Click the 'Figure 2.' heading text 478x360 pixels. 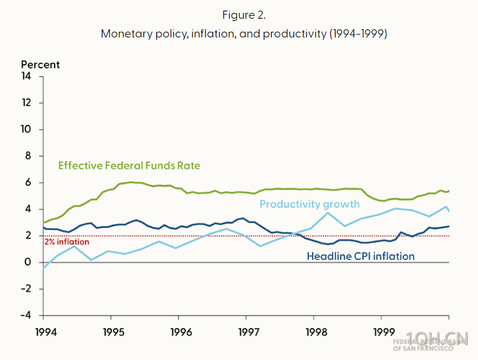(x=244, y=15)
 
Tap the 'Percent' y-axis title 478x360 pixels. (x=40, y=64)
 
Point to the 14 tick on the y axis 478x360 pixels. (x=26, y=76)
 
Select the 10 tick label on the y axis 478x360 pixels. (x=26, y=129)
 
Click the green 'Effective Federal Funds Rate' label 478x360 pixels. (x=129, y=166)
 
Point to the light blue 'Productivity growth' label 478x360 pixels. (x=309, y=204)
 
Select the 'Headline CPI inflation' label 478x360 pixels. (x=361, y=256)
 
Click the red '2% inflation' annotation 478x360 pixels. (x=67, y=242)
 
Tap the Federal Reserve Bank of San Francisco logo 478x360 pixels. (x=431, y=342)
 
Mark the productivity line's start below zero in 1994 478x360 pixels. (x=44, y=268)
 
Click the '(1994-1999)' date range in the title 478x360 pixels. (x=358, y=33)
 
